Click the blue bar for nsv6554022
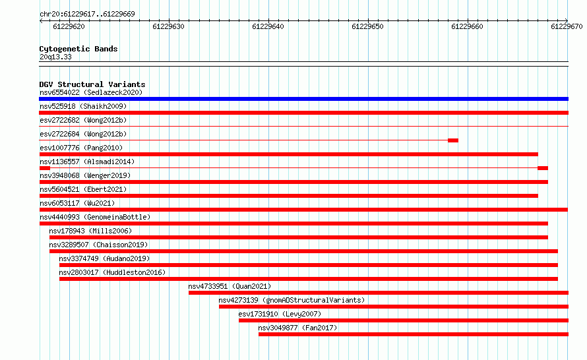click(303, 99)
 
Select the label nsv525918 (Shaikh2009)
click(83, 106)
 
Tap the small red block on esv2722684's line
click(453, 140)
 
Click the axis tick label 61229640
click(268, 26)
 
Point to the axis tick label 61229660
click(467, 26)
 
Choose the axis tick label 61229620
click(69, 26)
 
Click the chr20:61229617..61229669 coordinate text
click(87, 15)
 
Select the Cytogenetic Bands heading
click(78, 49)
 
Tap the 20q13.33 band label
click(55, 57)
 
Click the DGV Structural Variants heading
click(92, 84)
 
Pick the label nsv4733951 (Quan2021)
click(230, 286)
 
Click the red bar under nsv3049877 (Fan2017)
click(414, 334)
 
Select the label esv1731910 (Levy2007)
click(280, 314)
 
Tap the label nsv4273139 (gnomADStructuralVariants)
click(292, 300)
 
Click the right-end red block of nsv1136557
click(543, 168)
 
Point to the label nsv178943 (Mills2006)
click(90, 231)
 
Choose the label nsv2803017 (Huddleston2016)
click(112, 272)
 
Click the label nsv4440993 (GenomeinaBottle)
click(95, 217)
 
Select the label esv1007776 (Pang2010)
click(81, 148)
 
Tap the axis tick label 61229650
click(367, 26)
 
